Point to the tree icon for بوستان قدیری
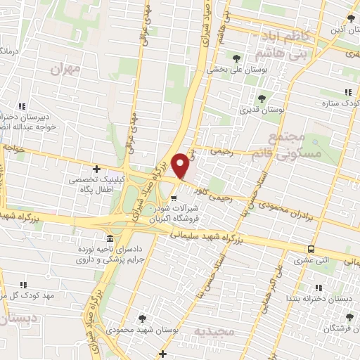[262, 98]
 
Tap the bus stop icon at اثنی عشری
[310, 248]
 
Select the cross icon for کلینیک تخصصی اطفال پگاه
[96, 169]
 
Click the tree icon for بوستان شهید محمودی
[143, 318]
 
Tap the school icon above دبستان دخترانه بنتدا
[318, 287]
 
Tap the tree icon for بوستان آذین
[350, 19]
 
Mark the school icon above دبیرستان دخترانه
[23, 107]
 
